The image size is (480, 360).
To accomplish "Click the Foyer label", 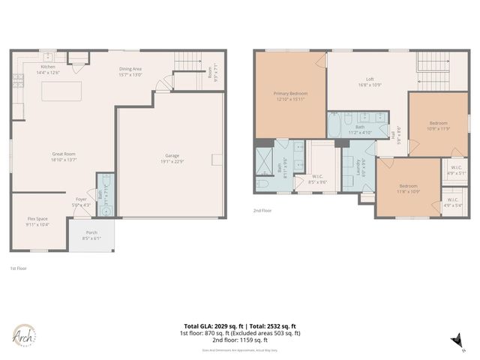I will pyautogui.click(x=81, y=202).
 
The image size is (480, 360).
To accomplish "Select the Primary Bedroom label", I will pyautogui.click(x=290, y=96).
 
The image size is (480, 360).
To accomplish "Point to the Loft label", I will pyautogui.click(x=370, y=82).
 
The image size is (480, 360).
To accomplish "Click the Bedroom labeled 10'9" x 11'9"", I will pyautogui.click(x=438, y=126).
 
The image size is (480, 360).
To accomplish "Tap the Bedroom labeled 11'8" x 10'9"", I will pyautogui.click(x=409, y=188).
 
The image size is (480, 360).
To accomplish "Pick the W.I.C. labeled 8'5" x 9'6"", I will pyautogui.click(x=318, y=179).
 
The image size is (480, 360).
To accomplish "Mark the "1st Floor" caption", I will pyautogui.click(x=18, y=268).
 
